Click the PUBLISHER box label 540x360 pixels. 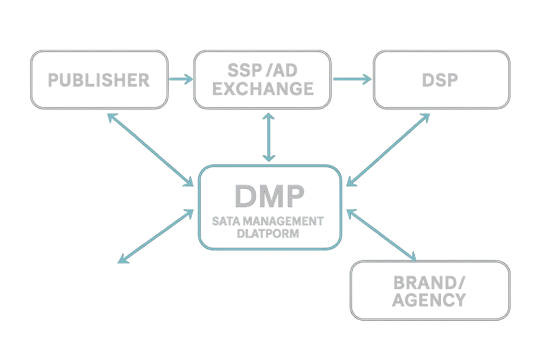99,80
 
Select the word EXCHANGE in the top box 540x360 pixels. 263,89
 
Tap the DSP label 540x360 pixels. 440,80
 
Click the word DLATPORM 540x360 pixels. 268,233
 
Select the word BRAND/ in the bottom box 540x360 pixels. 429,282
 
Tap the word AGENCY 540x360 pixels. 429,300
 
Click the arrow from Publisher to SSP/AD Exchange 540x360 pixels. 181,79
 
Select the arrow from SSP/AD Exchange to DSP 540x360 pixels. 352,79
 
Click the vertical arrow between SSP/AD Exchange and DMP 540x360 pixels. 269,137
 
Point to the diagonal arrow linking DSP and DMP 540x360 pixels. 388,149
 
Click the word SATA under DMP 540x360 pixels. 225,221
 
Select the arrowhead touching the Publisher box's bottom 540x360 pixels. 110,117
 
